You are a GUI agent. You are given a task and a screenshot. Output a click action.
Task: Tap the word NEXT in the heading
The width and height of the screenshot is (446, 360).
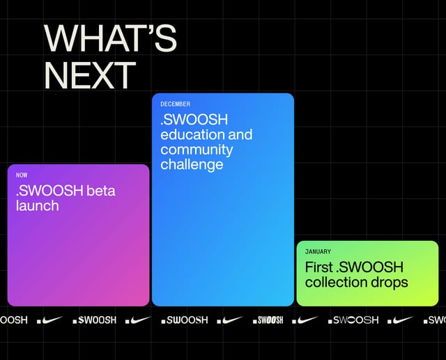(90, 75)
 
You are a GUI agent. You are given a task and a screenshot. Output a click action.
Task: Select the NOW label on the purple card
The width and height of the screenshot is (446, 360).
(22, 175)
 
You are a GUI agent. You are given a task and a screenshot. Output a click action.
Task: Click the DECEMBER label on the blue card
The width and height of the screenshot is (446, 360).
(175, 104)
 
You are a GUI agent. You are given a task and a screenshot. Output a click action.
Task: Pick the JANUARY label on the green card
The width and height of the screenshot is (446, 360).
(318, 251)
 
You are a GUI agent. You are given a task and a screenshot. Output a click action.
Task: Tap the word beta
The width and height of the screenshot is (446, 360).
(100, 191)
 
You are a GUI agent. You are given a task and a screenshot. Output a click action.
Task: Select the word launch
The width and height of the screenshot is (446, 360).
(37, 206)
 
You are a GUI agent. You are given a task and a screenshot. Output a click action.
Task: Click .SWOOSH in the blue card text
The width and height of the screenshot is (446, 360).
(185, 120)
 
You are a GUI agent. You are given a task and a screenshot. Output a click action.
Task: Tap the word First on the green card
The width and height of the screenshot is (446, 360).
(318, 267)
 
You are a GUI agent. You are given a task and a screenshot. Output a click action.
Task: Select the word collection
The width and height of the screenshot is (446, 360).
(337, 283)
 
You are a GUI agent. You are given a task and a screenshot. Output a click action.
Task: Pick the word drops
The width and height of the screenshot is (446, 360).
(390, 283)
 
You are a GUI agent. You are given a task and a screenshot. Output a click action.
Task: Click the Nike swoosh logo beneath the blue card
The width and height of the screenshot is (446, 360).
(229, 320)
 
